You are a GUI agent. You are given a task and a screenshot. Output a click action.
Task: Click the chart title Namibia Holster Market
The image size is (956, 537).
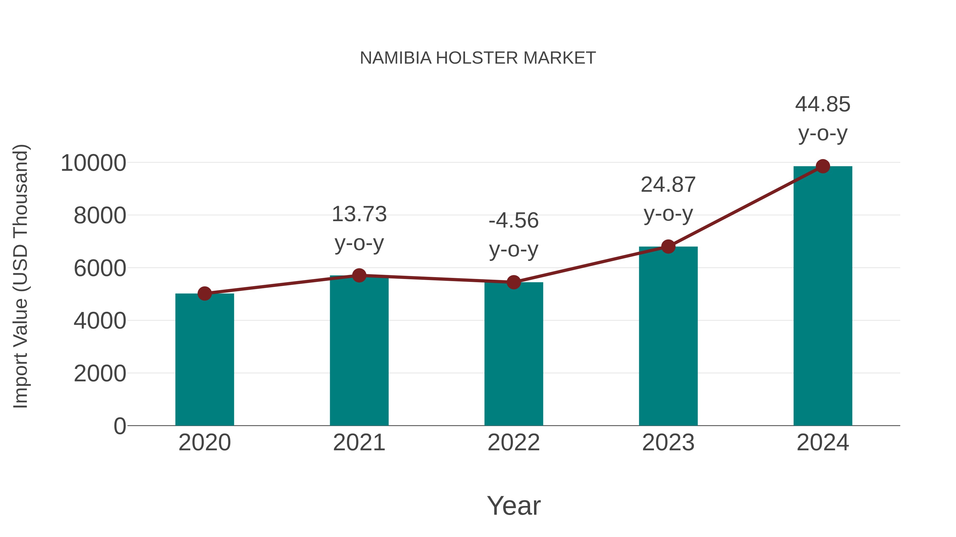[x=478, y=58]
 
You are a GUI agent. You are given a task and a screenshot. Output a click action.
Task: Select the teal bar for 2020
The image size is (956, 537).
[x=204, y=360]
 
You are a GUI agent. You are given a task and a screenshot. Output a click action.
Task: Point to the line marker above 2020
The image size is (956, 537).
[x=204, y=294]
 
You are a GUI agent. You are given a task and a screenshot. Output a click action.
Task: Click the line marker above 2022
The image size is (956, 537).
[x=514, y=282]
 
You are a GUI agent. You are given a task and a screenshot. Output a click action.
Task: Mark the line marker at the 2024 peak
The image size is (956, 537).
[x=823, y=166]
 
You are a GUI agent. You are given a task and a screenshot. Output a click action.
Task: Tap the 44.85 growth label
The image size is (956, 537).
[x=823, y=104]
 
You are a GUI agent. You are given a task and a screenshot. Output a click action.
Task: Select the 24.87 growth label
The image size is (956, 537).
[x=668, y=185]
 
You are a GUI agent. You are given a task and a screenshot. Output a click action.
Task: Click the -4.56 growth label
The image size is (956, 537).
[x=514, y=221]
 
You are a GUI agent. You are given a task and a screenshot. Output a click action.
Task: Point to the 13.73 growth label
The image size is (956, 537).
[x=359, y=214]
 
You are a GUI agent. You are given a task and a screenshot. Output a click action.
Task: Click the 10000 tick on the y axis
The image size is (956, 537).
[x=93, y=163]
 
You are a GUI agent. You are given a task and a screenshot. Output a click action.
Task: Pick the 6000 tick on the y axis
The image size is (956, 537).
[x=100, y=268]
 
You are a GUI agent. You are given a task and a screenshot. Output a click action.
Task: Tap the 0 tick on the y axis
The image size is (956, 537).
[x=119, y=426]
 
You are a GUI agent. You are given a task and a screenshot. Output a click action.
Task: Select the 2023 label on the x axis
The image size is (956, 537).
[x=668, y=443]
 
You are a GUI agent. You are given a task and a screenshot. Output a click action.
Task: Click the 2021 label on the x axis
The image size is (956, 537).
[x=359, y=443]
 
